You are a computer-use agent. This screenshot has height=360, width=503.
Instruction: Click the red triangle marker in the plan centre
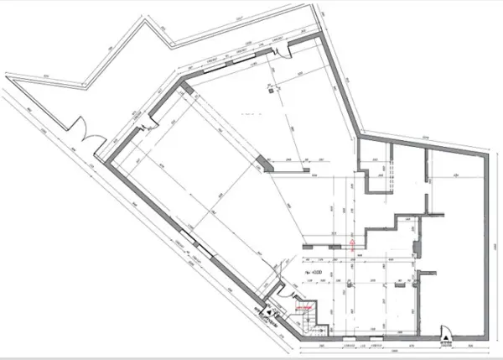tap(352, 240)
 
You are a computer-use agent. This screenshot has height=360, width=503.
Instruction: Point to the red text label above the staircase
tap(302, 309)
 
